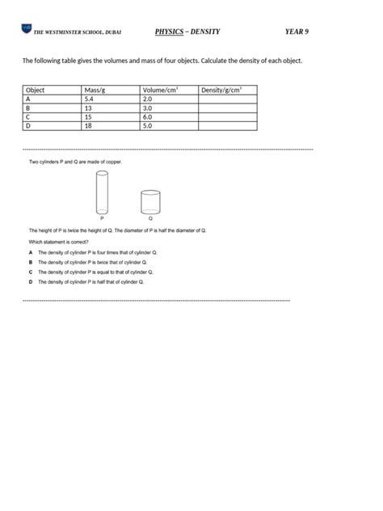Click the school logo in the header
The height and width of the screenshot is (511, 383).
pyautogui.click(x=26, y=31)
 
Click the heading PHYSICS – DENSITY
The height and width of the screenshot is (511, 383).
pyautogui.click(x=187, y=32)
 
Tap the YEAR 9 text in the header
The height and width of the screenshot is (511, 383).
pyautogui.click(x=297, y=32)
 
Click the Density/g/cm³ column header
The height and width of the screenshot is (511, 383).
pyautogui.click(x=222, y=90)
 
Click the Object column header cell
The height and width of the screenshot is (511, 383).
pyautogui.click(x=36, y=90)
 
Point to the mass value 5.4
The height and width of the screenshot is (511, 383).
pyautogui.click(x=89, y=99)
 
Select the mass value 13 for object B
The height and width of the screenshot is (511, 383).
pyautogui.click(x=87, y=108)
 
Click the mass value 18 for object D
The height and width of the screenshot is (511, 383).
pyautogui.click(x=87, y=125)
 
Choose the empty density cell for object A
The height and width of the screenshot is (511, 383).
pyautogui.click(x=227, y=99)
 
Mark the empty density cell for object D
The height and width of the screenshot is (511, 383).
pyautogui.click(x=227, y=125)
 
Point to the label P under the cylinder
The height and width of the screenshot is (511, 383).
pyautogui.click(x=102, y=218)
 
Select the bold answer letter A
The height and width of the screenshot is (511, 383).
pyautogui.click(x=30, y=252)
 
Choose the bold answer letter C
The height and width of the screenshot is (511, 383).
pyautogui.click(x=30, y=272)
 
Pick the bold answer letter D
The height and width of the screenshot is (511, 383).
pyautogui.click(x=30, y=282)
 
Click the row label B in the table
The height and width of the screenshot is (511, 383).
pyautogui.click(x=28, y=108)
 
